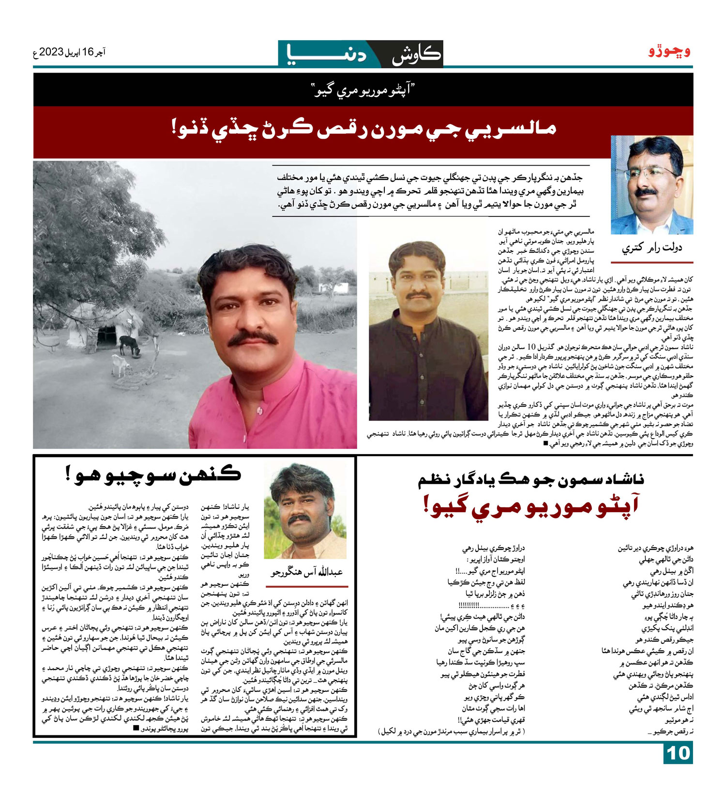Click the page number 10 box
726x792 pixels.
click(x=678, y=753)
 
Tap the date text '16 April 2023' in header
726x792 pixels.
click(x=69, y=52)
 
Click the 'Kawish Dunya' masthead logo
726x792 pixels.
click(x=361, y=54)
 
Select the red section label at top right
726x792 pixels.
click(x=669, y=51)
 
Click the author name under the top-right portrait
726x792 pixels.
click(x=651, y=248)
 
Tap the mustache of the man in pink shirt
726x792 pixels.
click(x=253, y=338)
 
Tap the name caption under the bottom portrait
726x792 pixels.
click(x=306, y=572)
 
